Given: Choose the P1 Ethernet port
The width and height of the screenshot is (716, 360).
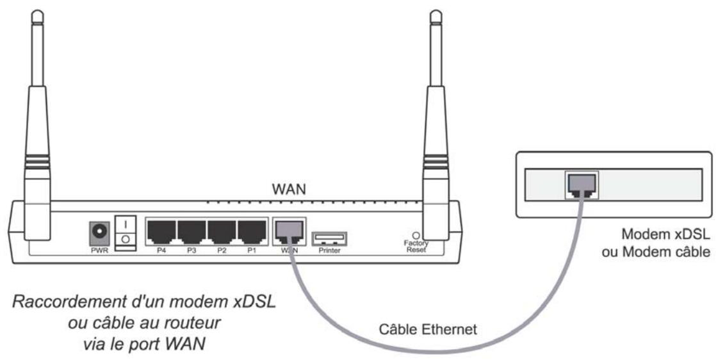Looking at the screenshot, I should click(x=252, y=230).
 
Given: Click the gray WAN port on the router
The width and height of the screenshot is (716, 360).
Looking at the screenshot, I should click(x=289, y=230).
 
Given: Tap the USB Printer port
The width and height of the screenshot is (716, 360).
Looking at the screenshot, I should click(x=329, y=238).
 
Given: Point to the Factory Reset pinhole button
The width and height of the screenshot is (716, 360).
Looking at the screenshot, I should click(x=417, y=236).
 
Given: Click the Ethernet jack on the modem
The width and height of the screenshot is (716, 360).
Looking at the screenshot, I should click(x=581, y=184).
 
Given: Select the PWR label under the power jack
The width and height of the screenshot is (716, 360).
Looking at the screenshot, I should click(x=99, y=250).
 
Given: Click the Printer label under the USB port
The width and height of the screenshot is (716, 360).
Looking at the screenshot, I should click(x=329, y=250).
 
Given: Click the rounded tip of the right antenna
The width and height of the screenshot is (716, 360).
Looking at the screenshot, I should click(x=436, y=13).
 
